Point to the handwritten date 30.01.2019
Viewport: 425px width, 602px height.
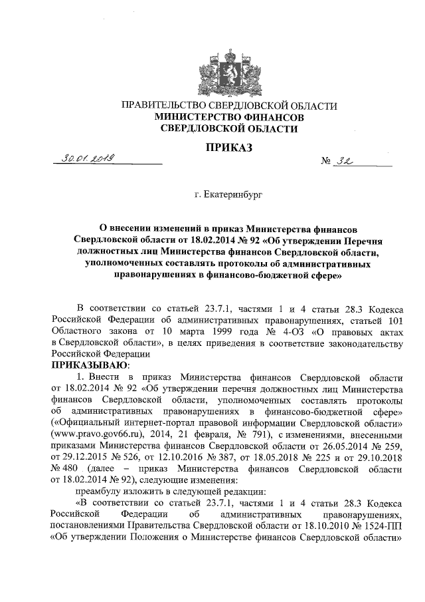coord(87,158)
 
